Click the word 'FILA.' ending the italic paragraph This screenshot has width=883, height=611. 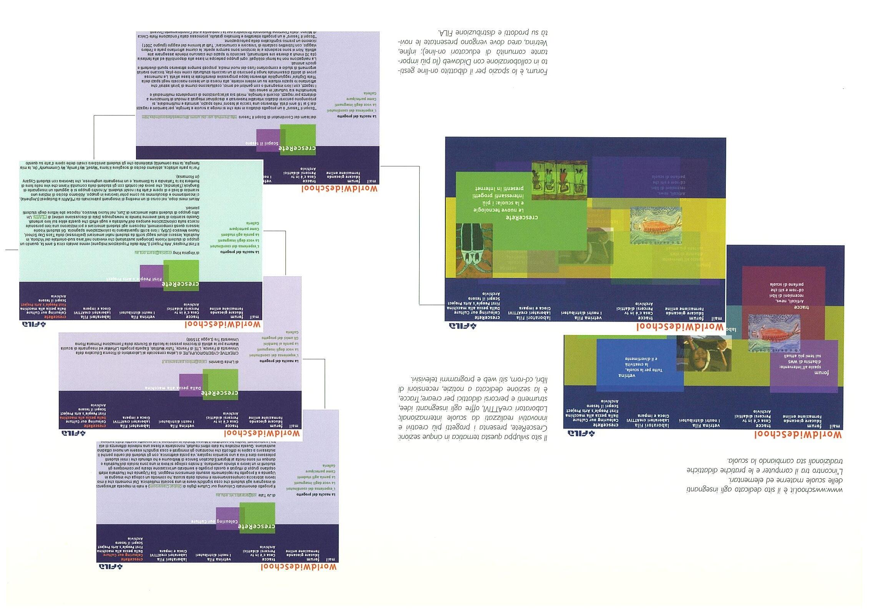coord(446,31)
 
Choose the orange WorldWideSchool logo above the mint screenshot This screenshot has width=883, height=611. coord(223,325)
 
